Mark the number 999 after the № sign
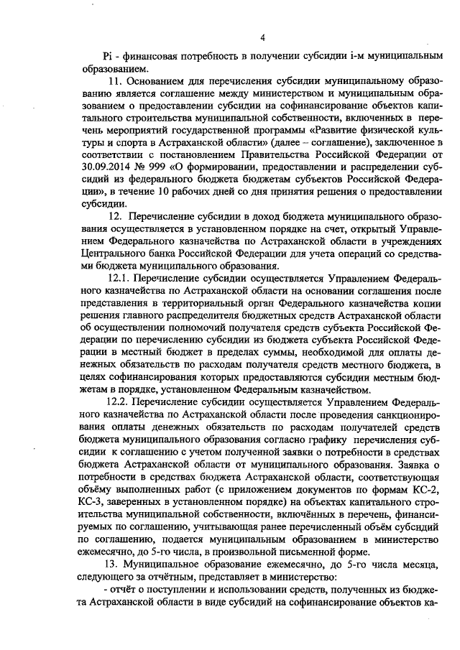click(153, 177)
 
